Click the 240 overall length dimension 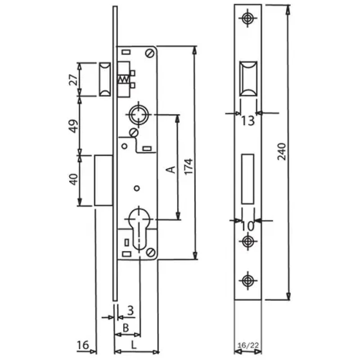[x=282, y=152]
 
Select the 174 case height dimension [x=189, y=166]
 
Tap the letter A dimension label [x=171, y=170]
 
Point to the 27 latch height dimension [x=73, y=80]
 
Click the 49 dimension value [x=74, y=126]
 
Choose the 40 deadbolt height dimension [x=74, y=180]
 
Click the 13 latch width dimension [x=248, y=121]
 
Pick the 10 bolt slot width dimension [x=248, y=226]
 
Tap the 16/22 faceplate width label [x=248, y=345]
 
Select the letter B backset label [x=126, y=328]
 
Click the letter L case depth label [x=133, y=345]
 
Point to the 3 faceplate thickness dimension [x=130, y=310]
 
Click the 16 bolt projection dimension [x=83, y=345]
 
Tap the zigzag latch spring [x=123, y=79]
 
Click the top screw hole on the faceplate [x=247, y=18]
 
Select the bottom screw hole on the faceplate [x=247, y=280]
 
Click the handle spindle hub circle [x=139, y=114]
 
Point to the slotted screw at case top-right [x=149, y=54]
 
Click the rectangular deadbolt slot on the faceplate [x=248, y=179]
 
